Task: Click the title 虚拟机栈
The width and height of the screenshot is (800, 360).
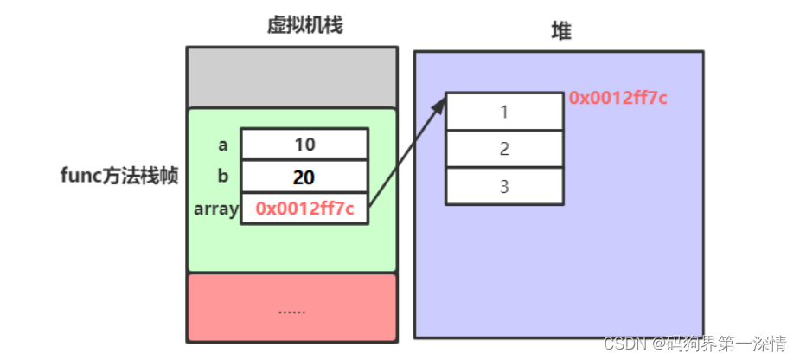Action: [304, 25]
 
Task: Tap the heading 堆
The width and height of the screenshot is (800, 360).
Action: [561, 32]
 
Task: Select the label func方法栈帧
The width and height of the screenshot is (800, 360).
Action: [119, 176]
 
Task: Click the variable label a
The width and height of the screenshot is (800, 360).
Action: [223, 145]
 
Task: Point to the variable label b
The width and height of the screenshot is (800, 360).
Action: [223, 177]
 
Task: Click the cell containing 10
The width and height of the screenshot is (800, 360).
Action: [304, 145]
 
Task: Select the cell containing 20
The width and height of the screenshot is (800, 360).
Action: [304, 177]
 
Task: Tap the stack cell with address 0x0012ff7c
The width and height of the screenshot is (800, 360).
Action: [304, 209]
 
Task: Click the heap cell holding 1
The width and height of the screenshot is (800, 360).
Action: [504, 112]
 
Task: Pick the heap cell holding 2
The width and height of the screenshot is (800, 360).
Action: [504, 149]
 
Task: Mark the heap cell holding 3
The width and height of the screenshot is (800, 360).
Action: [504, 186]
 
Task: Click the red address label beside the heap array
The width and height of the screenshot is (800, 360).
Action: [618, 98]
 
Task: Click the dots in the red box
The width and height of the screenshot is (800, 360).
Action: [291, 309]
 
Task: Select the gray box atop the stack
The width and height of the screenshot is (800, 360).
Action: [291, 77]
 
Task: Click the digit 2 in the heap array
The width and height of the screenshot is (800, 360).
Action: [504, 149]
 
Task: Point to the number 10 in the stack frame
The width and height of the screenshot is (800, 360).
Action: [304, 145]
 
